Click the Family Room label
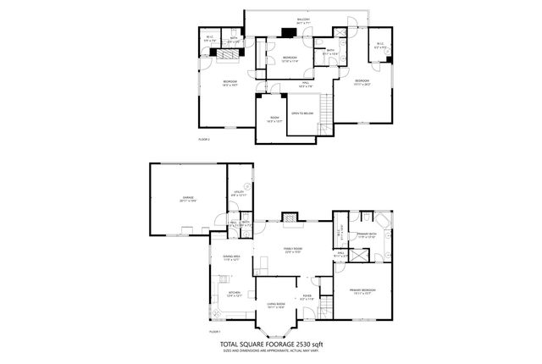292,248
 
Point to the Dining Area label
231,258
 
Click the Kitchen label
235,294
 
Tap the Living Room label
274,306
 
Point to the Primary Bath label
368,235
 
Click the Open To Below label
302,113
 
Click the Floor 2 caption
203,138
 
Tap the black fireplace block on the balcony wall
288,36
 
